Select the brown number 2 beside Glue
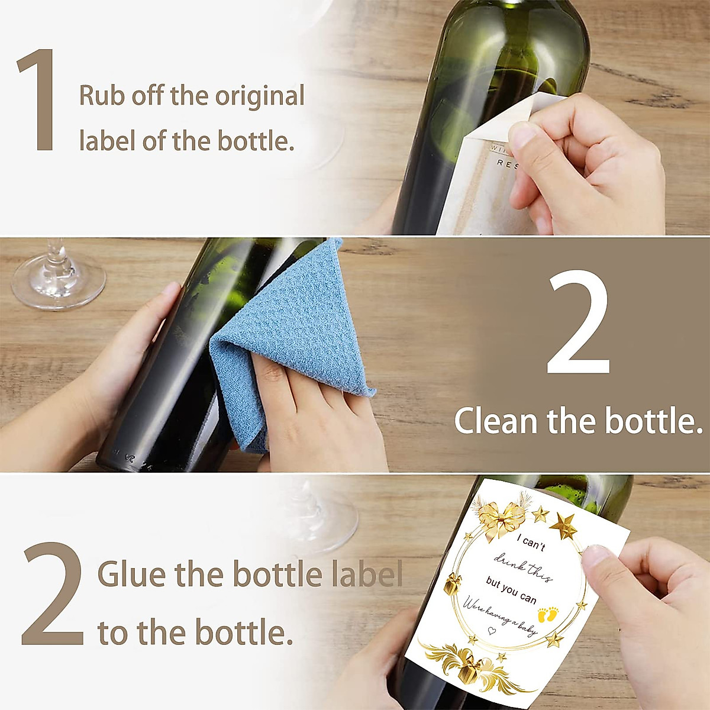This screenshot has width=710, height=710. point(53,593)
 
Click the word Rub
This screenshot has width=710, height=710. point(102,96)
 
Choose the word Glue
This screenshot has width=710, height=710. point(132,574)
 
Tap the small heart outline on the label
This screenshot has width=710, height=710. point(490,631)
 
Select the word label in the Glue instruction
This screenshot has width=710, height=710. point(367,574)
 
